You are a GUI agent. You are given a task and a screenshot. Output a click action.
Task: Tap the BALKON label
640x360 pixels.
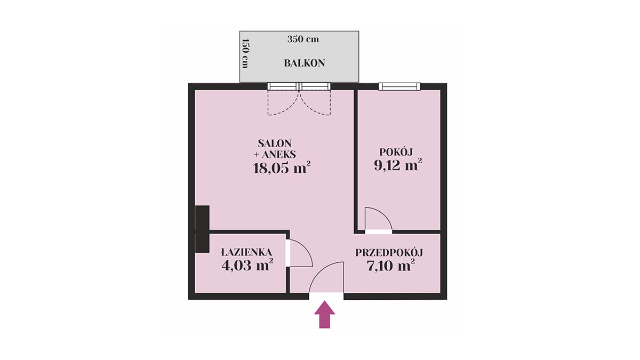305,63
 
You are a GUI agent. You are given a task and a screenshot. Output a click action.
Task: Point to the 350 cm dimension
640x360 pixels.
303,39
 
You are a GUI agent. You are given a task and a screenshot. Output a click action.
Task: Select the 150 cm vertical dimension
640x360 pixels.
245,53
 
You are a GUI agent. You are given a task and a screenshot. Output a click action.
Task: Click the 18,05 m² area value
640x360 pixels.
282,168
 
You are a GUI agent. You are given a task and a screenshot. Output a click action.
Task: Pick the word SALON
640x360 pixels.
275,143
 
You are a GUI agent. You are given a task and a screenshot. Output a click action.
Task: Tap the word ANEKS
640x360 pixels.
278,155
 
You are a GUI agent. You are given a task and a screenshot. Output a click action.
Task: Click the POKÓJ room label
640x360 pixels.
396,151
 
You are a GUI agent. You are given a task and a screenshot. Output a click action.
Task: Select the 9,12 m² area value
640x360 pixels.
398,165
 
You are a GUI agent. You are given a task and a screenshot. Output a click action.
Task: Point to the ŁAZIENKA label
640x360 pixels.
246,252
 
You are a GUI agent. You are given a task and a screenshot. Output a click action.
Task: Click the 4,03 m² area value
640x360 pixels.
247,265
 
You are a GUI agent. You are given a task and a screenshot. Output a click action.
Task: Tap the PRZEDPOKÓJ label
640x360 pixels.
389,253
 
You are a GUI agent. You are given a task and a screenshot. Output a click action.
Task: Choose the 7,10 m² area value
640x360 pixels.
390,266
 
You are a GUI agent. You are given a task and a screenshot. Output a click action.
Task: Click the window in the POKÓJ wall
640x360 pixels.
399,86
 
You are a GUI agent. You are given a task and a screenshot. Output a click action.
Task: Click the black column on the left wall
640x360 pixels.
202,229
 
